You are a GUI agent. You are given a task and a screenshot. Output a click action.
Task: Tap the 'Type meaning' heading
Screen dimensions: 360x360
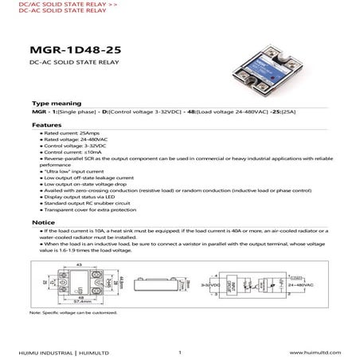click(x=57, y=104)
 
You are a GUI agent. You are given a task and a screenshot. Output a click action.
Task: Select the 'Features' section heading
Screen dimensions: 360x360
click(x=47, y=125)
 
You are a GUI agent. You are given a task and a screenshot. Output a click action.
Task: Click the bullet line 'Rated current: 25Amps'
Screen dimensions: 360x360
click(x=68, y=135)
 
